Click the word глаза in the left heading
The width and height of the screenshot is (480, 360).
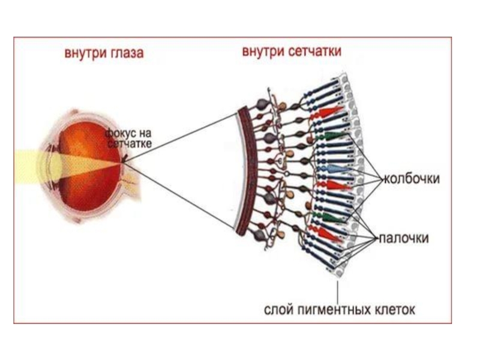pos(126,53)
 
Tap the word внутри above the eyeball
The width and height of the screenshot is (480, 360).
pos(84,53)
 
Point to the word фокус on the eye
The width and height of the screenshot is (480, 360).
pos(118,132)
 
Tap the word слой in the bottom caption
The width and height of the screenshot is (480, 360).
pos(278,310)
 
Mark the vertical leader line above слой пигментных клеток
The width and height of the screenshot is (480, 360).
pos(338,291)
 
